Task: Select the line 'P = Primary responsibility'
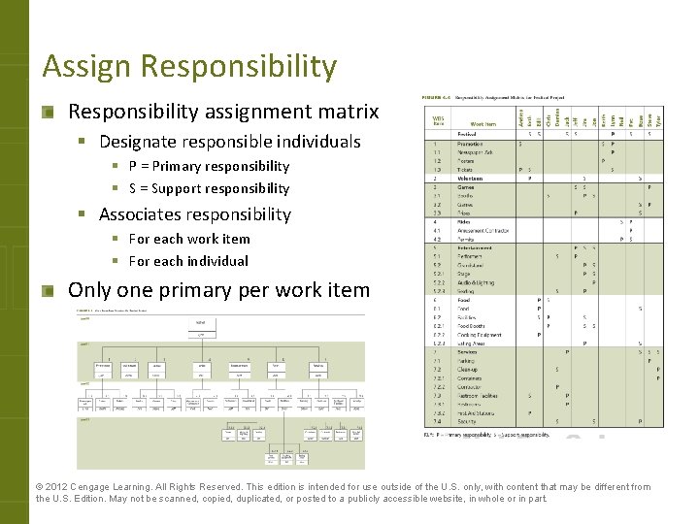[209, 166]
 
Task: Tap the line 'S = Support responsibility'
[209, 188]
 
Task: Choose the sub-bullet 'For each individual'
[188, 261]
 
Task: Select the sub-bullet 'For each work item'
[189, 239]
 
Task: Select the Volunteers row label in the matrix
[471, 179]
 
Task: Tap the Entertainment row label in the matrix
[476, 247]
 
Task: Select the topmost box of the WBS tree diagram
[200, 321]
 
